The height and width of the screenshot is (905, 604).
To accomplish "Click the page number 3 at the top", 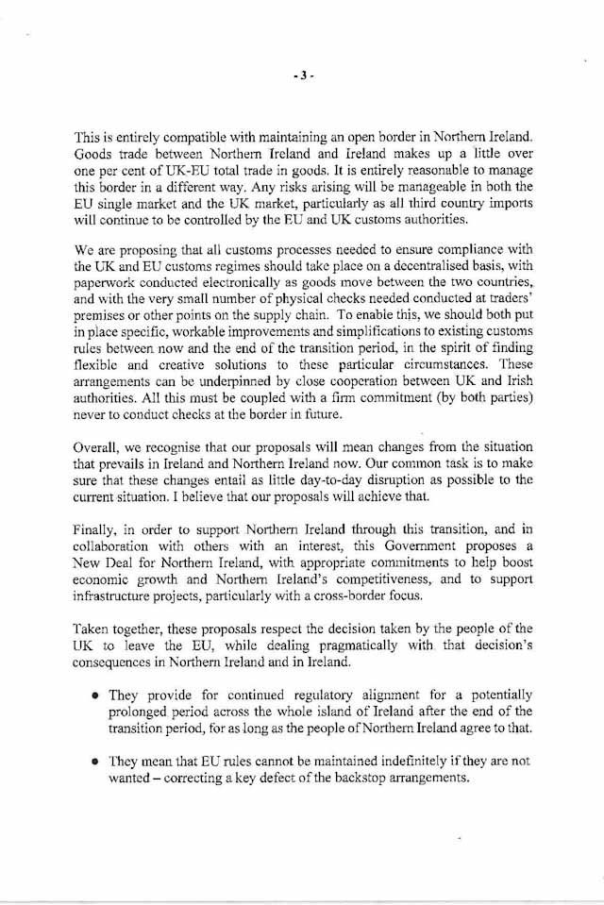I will (301, 78).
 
